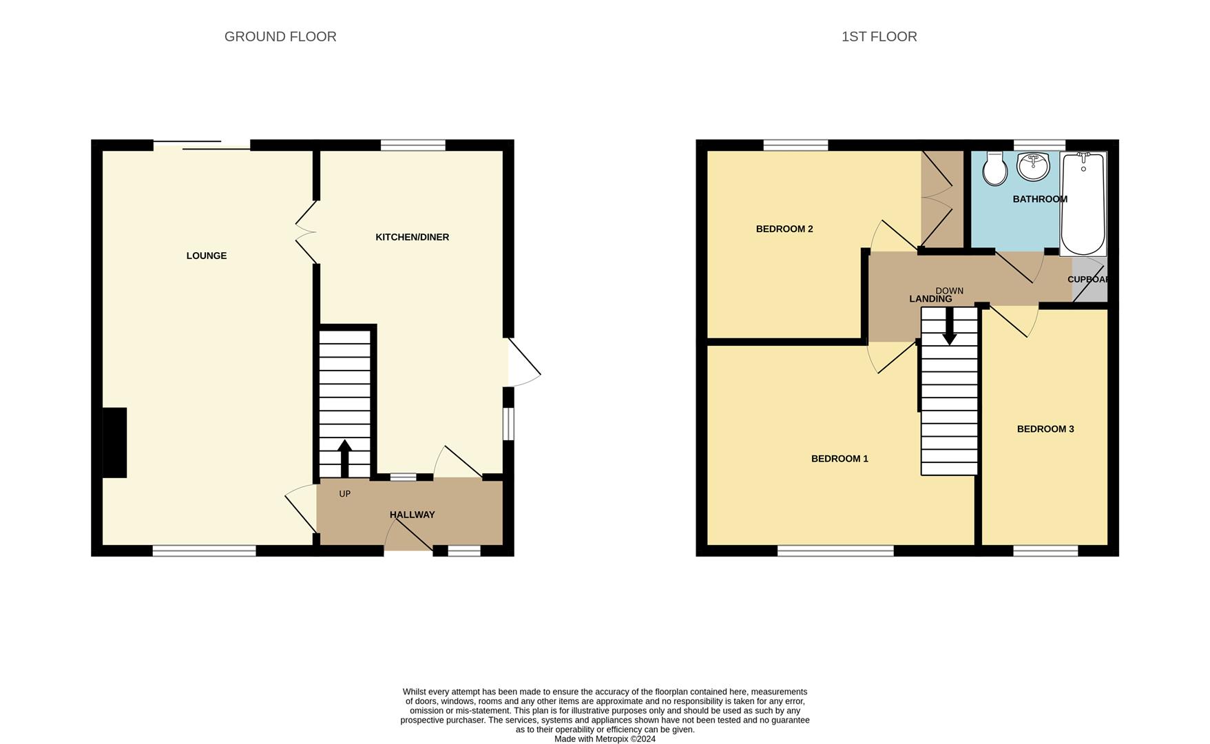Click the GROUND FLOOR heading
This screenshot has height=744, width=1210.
[280, 37]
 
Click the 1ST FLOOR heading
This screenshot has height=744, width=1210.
[879, 37]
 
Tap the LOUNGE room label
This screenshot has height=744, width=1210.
[207, 256]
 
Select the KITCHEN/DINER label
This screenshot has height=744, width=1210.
[412, 237]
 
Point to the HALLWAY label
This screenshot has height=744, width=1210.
[412, 515]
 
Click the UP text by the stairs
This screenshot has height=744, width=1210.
[345, 494]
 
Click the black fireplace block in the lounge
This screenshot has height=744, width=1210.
[115, 442]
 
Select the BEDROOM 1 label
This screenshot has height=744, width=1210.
[839, 459]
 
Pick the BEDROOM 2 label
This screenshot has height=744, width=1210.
[784, 229]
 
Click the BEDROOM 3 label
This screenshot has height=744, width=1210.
[1045, 429]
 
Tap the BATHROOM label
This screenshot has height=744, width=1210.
[1040, 199]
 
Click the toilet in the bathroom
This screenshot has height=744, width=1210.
[994, 169]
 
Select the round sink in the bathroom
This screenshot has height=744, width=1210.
[1033, 166]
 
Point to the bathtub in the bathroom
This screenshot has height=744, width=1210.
[1083, 205]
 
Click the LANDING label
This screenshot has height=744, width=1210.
[930, 299]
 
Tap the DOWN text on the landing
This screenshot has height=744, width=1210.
[949, 291]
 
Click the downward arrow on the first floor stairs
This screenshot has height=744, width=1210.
[950, 327]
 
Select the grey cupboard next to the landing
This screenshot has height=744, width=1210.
[1089, 280]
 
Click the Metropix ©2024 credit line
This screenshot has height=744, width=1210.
[605, 739]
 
